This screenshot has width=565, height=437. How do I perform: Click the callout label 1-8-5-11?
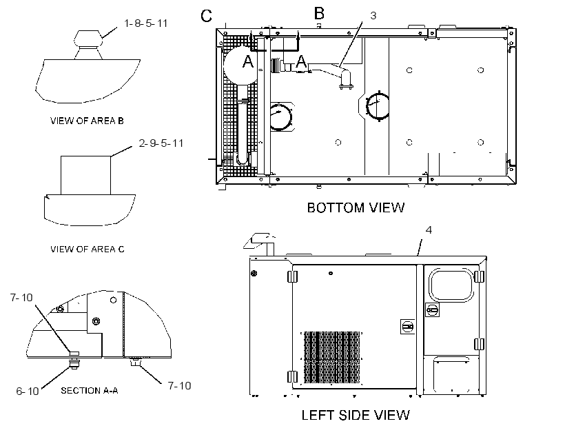coord(145,23)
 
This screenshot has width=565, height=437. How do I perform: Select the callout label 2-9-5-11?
coord(161,143)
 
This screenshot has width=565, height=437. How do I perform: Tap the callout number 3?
coord(373,15)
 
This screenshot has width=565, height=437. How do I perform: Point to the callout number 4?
coord(429,230)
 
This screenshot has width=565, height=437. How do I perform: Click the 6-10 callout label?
coord(28,391)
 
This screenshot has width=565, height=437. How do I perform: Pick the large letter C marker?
coord(207,16)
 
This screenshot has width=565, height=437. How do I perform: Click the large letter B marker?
coord(319,13)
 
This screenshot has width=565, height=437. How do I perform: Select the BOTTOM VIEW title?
coord(356,207)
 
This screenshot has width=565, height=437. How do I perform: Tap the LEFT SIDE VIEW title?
coord(356,415)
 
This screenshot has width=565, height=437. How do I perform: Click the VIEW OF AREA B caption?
coord(87,121)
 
